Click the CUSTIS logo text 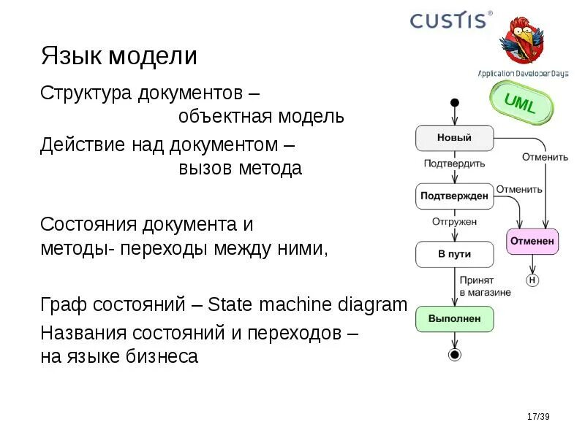[448, 20]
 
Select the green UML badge [520, 104]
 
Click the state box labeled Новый [454, 137]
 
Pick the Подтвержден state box [454, 196]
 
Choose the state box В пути [454, 254]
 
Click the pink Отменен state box [532, 241]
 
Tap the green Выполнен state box [454, 319]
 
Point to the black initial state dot [454, 102]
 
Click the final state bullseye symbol [455, 356]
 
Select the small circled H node [532, 280]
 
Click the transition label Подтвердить [454, 164]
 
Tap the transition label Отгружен [454, 220]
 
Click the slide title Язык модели [118, 56]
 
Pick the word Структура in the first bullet [86, 93]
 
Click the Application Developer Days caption [523, 74]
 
